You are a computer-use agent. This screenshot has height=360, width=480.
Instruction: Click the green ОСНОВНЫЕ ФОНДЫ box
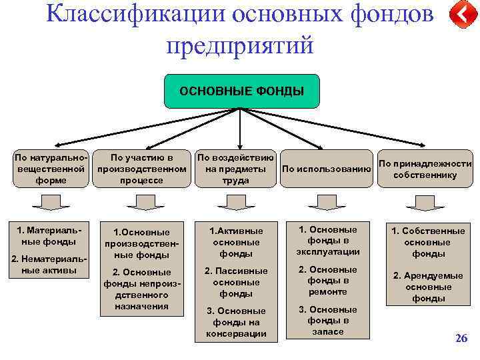(x=241, y=91)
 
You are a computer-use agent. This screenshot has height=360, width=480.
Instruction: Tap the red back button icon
(x=461, y=15)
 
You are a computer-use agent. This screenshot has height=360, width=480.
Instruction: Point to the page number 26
(x=461, y=339)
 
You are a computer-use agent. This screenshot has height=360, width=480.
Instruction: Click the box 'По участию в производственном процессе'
(x=141, y=169)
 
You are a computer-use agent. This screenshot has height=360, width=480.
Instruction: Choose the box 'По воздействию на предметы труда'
(x=235, y=169)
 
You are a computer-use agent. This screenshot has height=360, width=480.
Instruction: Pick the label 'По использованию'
(x=326, y=169)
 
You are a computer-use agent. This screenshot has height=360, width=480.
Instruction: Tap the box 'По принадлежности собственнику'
(x=425, y=169)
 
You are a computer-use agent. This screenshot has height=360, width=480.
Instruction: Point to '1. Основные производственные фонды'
(x=141, y=243)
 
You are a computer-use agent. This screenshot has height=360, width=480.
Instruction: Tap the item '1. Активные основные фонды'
(x=236, y=241)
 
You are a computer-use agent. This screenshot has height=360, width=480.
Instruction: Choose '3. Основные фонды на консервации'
(x=236, y=322)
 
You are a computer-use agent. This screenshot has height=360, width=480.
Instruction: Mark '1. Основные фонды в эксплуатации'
(x=327, y=241)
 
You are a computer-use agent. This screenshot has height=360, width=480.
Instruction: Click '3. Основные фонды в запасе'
(x=327, y=320)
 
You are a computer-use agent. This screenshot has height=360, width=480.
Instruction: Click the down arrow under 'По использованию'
(x=327, y=202)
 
